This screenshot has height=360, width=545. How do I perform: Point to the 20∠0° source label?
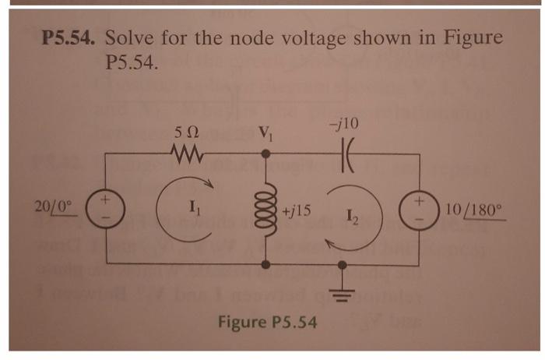pos(54,207)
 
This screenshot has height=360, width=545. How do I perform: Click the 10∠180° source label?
pos(476,210)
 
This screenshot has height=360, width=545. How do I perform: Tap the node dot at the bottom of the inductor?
pos(267,265)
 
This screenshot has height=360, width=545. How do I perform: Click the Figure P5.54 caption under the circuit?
pos(266,320)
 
